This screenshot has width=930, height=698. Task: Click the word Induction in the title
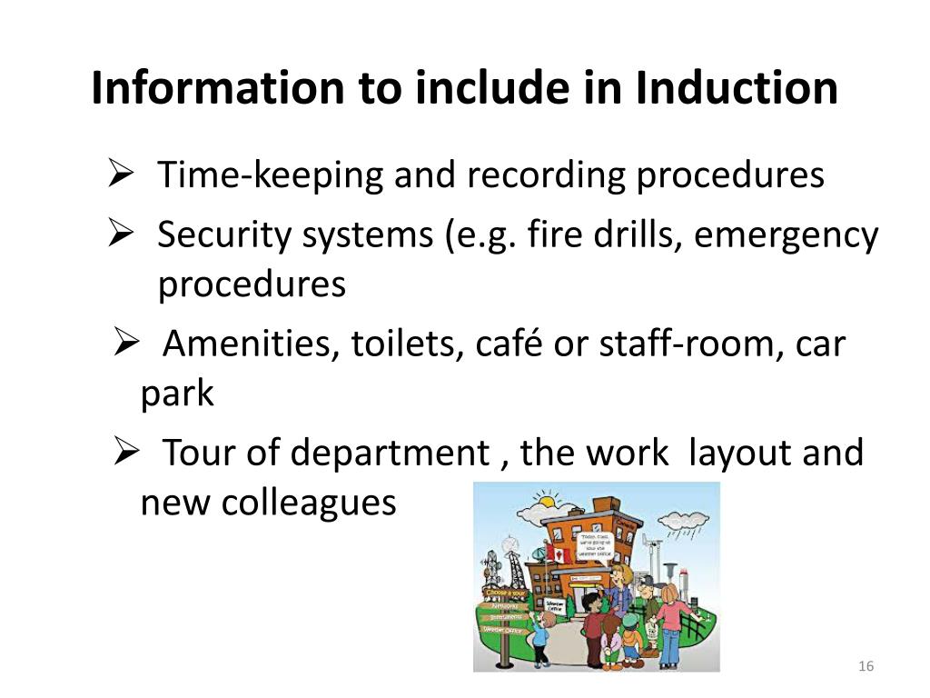(x=737, y=89)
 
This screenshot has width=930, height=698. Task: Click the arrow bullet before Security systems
(x=122, y=234)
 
